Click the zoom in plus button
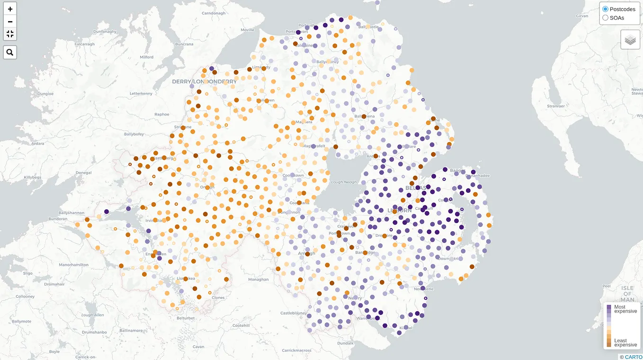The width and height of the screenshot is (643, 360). coord(10,9)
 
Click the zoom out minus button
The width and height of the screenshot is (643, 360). coord(10,21)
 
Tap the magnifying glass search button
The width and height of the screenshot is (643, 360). coord(10,52)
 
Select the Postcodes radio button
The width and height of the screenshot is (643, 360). coord(605,9)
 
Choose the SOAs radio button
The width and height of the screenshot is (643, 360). coord(605,18)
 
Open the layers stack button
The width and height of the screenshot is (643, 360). coord(630,40)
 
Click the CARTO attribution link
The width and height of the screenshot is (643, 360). coord(634,357)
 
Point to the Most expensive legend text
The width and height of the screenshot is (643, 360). coord(625,309)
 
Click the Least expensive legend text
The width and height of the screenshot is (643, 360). coord(625,342)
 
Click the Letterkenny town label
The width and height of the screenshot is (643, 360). coord(141,94)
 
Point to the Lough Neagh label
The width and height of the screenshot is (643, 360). coord(344,182)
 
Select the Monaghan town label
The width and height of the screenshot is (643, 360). coord(259,279)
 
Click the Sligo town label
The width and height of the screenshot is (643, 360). coord(27,273)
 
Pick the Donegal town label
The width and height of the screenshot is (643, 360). coord(83,172)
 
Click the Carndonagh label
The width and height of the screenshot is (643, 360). coord(214,13)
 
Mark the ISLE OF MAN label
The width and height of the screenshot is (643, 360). coord(627,294)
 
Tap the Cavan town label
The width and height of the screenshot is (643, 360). coord(198,347)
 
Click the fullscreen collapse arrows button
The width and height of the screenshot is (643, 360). coord(10,34)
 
